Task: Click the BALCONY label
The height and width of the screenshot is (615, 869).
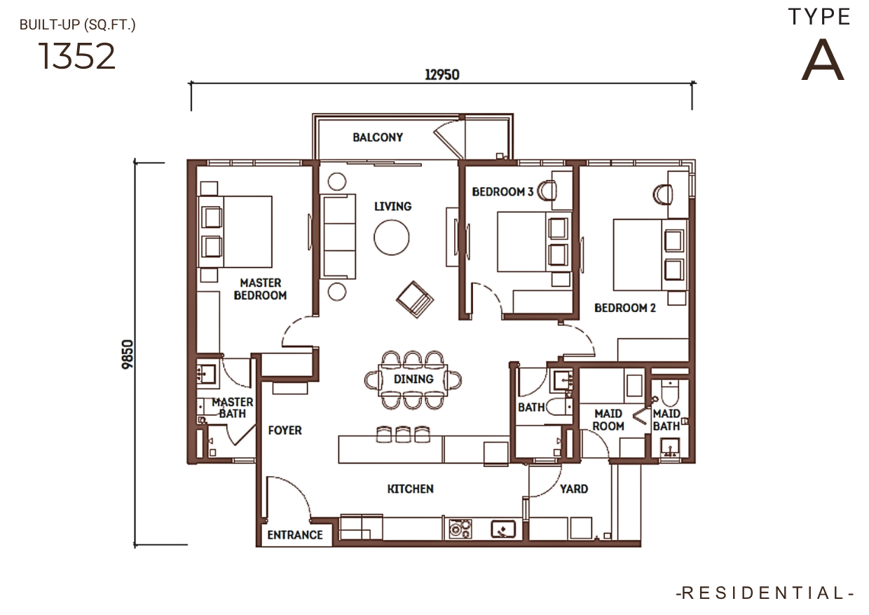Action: coord(378,137)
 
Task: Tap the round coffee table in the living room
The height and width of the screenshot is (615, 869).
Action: coord(392,237)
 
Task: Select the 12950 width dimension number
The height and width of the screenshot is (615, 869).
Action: coord(442,74)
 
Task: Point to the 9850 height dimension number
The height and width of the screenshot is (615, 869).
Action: coord(128,354)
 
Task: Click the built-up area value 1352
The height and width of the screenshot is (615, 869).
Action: coord(77,56)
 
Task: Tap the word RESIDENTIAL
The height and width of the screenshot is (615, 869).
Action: coord(765,593)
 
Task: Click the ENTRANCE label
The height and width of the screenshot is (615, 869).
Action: coord(295,535)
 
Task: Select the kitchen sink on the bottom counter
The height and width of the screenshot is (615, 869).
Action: coord(503,529)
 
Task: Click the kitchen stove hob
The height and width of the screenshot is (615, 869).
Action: coord(460,529)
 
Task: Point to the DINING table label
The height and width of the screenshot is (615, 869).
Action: coord(413,379)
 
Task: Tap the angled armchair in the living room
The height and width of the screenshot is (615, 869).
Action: coord(415,299)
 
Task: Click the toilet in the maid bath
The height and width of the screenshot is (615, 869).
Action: coord(670,393)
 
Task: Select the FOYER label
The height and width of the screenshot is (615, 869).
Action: coord(285,430)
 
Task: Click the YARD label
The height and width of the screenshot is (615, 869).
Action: coord(574,489)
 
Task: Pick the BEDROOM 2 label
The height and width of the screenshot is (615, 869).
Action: coord(625,308)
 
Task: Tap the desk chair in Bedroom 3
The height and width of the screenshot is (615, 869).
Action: coord(547,191)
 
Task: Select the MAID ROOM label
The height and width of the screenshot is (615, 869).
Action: coord(608,420)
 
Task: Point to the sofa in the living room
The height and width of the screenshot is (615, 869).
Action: coord(338,236)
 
